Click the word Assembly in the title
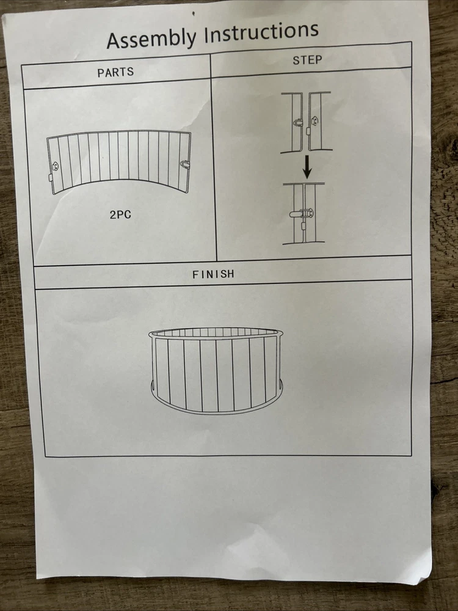tap(151, 38)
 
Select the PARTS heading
tap(115, 72)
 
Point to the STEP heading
tap(307, 60)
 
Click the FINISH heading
tap(213, 274)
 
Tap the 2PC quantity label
tap(120, 214)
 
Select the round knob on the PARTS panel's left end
tap(55, 166)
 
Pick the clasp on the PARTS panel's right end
tap(184, 164)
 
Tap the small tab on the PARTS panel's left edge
tap(51, 178)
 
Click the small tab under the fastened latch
tap(303, 226)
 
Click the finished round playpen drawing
tap(216, 370)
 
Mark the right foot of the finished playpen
tap(280, 386)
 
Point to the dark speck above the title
tap(193, 13)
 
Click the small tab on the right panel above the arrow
tap(308, 131)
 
